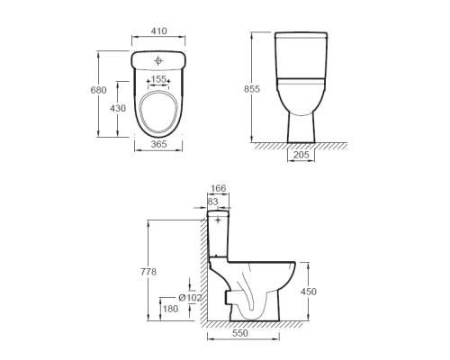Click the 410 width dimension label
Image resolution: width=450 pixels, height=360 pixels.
pos(158,31)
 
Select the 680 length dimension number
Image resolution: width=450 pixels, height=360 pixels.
pos(98,90)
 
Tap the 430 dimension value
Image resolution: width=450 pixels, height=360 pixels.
pos(118,108)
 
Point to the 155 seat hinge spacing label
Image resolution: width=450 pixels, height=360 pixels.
pos(158,79)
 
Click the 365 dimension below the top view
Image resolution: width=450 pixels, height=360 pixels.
pos(158,144)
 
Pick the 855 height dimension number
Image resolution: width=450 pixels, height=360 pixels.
pos(252,89)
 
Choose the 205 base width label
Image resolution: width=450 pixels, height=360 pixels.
pos(301,155)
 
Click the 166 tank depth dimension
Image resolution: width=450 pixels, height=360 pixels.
pos(218,188)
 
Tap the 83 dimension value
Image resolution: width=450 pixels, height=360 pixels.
pos(212,202)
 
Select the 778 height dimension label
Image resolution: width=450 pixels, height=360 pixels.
pos(148,272)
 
